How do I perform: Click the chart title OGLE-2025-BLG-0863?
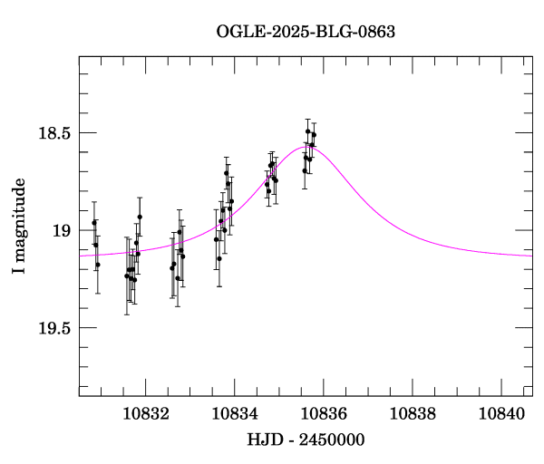tap(306, 31)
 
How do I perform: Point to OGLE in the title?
tap(238, 31)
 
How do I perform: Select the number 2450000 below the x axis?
tap(332, 440)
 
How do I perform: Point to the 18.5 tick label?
tap(53, 133)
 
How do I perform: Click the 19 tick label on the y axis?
tap(61, 230)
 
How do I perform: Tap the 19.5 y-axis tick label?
tap(53, 328)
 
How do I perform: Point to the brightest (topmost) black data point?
tap(308, 131)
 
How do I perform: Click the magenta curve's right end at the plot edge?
tap(531, 256)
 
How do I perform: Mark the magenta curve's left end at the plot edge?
tap(80, 256)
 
